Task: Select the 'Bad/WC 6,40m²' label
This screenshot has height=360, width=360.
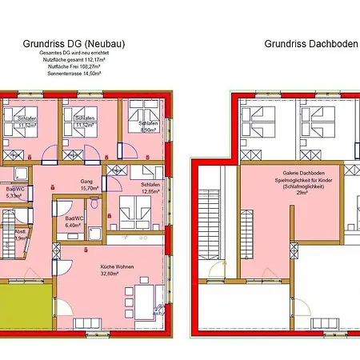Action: coord(73,222)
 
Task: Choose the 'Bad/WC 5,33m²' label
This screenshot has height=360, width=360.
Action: coord(13,192)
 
